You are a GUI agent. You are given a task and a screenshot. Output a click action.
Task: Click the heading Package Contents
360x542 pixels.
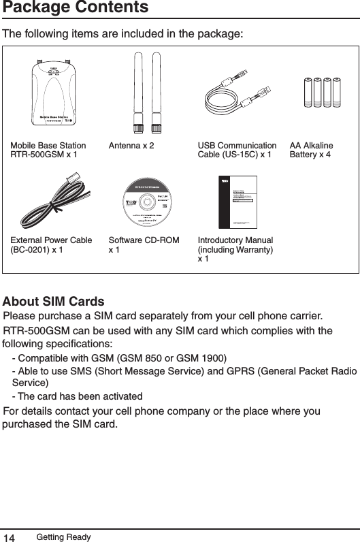coord(75,8)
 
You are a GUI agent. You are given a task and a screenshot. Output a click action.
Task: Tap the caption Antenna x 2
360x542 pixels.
coord(131,146)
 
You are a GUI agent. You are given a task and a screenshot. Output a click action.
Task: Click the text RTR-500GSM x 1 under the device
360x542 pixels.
coord(44,155)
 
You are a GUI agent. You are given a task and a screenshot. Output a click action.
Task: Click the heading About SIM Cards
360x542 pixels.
coord(54,302)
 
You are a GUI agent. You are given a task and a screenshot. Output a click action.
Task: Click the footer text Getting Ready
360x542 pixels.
coord(63,537)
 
